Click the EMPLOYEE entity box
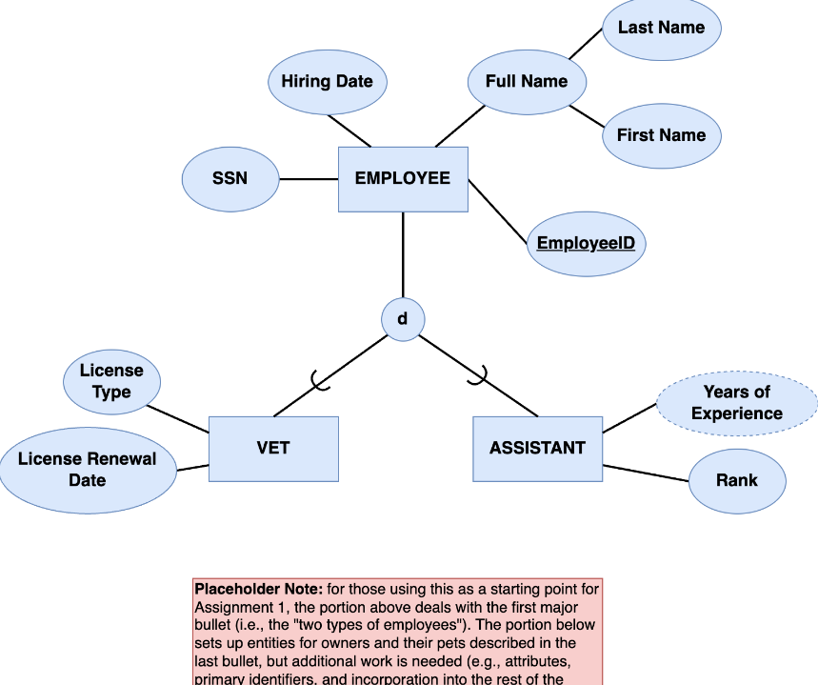pyautogui.click(x=403, y=179)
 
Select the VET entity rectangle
pyautogui.click(x=273, y=448)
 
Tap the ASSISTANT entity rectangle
pyautogui.click(x=537, y=449)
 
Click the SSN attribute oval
pyautogui.click(x=229, y=179)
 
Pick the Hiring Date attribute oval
pyautogui.click(x=327, y=82)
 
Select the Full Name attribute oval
pyautogui.click(x=527, y=82)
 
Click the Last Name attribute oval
pyautogui.click(x=661, y=28)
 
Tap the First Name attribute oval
pyautogui.click(x=661, y=135)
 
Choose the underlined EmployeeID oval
pyautogui.click(x=585, y=243)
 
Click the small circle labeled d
pyautogui.click(x=403, y=319)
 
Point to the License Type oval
pyautogui.click(x=111, y=381)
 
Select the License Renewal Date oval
pyautogui.click(x=88, y=470)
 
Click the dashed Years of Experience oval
pyautogui.click(x=736, y=403)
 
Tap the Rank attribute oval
pyautogui.click(x=736, y=480)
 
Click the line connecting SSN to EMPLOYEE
pyautogui.click(x=309, y=179)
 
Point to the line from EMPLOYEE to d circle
pyautogui.click(x=403, y=255)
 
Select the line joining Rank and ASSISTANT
pyautogui.click(x=646, y=473)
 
